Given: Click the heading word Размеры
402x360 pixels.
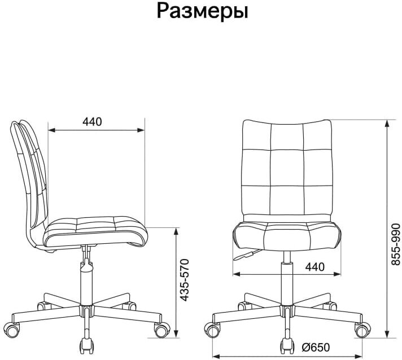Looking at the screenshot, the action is (202, 11).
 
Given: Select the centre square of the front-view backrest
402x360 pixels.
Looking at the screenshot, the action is (286, 168).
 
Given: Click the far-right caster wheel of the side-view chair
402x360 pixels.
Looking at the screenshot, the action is (162, 328).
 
